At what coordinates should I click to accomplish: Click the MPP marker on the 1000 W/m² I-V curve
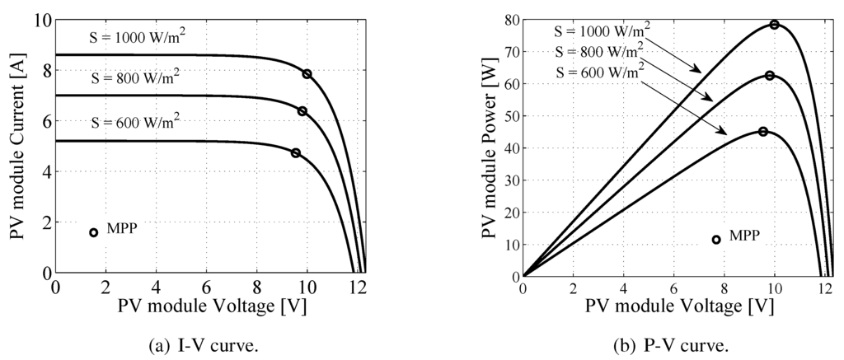tap(307, 74)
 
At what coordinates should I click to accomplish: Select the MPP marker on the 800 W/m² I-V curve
tap(302, 111)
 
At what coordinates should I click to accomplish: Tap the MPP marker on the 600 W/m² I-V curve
tap(296, 153)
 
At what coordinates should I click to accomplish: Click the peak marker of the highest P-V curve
tap(775, 25)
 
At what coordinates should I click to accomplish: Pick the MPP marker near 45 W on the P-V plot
tap(763, 132)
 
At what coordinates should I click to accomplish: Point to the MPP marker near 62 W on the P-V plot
tap(770, 76)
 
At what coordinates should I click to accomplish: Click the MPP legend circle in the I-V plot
tap(93, 232)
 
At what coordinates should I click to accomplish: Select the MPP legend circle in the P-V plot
tap(716, 240)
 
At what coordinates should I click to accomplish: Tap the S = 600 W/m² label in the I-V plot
tap(134, 124)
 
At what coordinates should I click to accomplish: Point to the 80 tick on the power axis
tap(510, 20)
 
